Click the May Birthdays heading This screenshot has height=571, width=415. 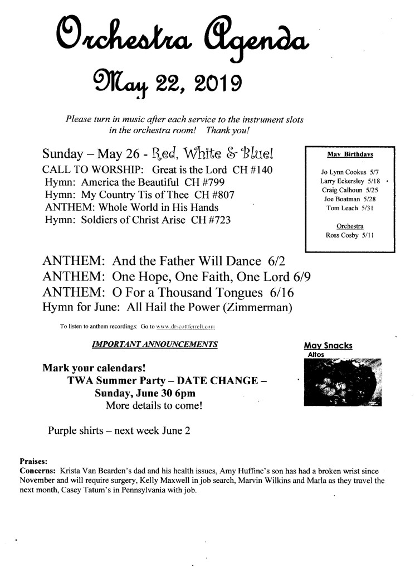[350, 153]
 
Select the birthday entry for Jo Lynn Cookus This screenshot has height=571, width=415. [350, 172]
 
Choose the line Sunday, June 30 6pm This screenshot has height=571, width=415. [140, 393]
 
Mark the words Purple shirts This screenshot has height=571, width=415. [76, 430]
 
